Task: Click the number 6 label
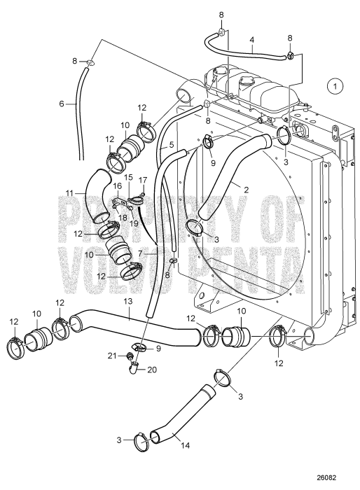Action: (x=62, y=104)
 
